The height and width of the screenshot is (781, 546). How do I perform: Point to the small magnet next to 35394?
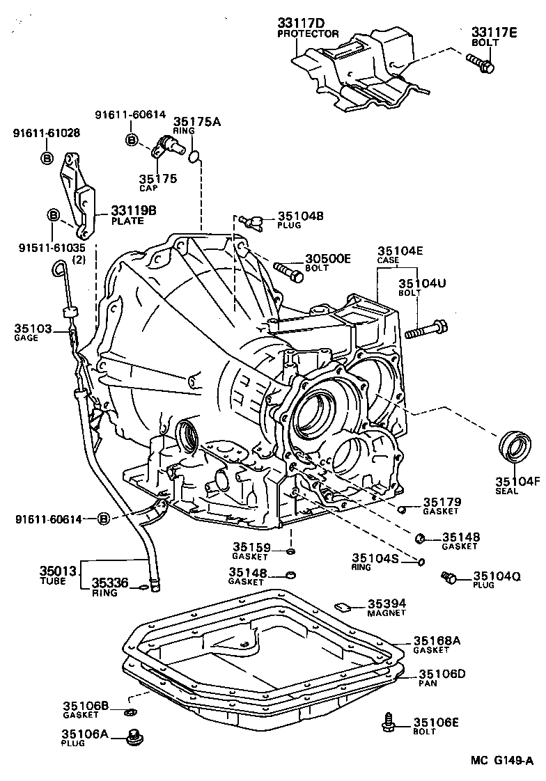pyautogui.click(x=342, y=606)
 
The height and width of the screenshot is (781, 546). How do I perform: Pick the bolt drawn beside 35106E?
pyautogui.click(x=389, y=723)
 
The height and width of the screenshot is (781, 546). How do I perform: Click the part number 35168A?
pyautogui.click(x=437, y=640)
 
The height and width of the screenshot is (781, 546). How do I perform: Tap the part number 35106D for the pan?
pyautogui.click(x=442, y=674)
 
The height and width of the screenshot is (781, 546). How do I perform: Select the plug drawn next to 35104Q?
pyautogui.click(x=448, y=577)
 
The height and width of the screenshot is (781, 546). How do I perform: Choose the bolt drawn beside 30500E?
pyautogui.click(x=289, y=271)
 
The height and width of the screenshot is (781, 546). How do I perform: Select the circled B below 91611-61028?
pyautogui.click(x=46, y=157)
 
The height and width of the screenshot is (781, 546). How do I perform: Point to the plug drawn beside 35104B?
pyautogui.click(x=252, y=221)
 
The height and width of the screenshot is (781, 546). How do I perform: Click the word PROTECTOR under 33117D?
pyautogui.click(x=308, y=34)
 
